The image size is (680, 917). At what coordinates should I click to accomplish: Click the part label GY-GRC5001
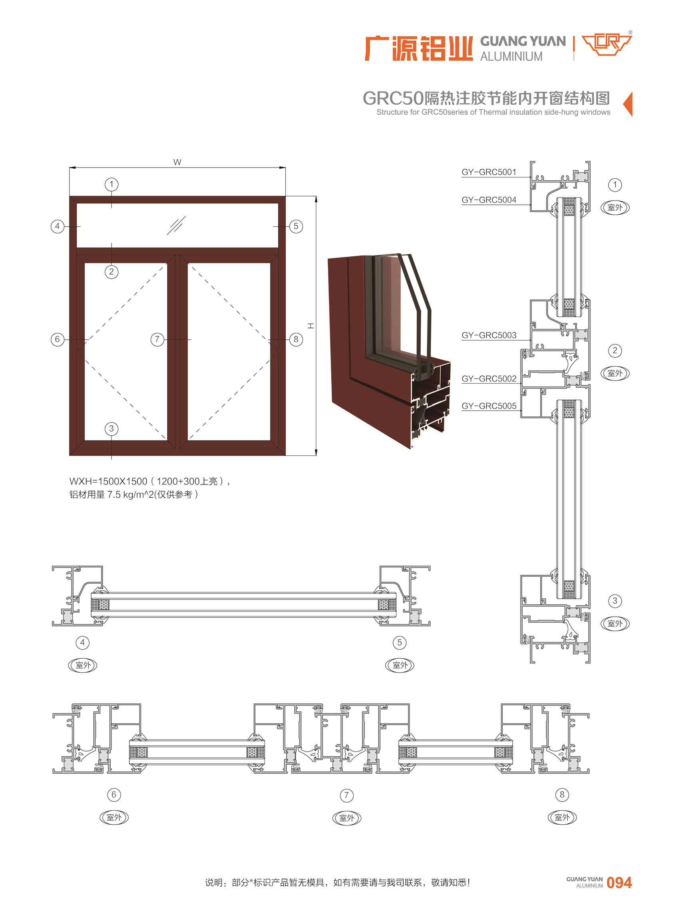pos(489,172)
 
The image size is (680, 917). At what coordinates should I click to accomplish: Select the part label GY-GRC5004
pos(489,200)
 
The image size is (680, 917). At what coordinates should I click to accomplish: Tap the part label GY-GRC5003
pos(489,335)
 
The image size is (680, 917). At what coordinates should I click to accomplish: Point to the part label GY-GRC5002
pos(489,379)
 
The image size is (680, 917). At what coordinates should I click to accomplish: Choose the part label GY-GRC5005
pos(489,406)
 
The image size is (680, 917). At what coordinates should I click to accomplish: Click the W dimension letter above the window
pos(177,162)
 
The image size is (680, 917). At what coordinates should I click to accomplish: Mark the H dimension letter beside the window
pos(311,326)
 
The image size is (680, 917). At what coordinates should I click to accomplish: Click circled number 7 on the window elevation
pos(157,339)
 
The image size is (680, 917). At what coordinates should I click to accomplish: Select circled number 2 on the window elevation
pos(111,272)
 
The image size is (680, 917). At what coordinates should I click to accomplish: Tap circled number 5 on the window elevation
pos(296,226)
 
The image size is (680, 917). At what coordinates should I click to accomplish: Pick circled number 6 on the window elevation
pos(57,339)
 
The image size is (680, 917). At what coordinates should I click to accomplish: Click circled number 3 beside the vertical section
pos(615,601)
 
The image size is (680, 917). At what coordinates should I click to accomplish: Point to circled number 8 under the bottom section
pos(562,794)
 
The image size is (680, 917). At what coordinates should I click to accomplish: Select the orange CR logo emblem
pos(606,45)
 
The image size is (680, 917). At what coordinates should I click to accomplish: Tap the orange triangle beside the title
pos(628,104)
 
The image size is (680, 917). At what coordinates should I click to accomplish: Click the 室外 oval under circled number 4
pos(83,665)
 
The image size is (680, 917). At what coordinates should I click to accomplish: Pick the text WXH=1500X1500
pos(108,481)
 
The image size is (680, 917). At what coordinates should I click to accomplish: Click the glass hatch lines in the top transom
pos(176,225)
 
